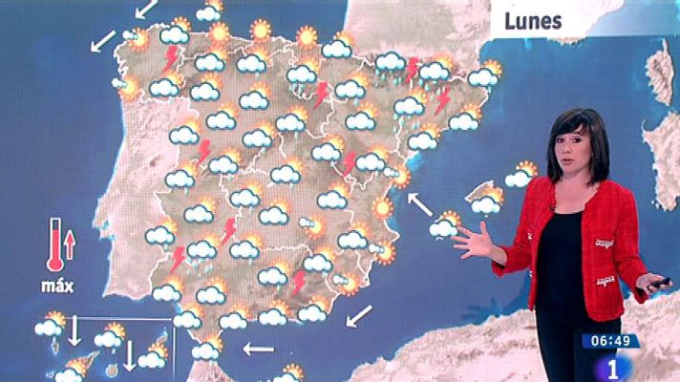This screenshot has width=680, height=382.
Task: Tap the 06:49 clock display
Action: click(611, 341)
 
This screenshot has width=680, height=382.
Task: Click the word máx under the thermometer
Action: click(58, 285)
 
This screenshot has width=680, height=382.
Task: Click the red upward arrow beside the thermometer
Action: click(70, 250)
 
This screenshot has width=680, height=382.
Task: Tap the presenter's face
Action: click(576, 156)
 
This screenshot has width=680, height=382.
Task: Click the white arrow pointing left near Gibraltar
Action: click(258, 349)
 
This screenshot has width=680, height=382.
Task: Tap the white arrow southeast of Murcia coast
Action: click(359, 314)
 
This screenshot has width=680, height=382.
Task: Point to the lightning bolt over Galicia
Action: click(172, 58)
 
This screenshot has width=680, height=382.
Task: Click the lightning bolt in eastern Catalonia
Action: click(443, 99)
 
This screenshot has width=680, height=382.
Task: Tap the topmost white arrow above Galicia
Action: click(146, 10)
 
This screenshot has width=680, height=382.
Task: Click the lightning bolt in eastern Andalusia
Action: click(299, 281)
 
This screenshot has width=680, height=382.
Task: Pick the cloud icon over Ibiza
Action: click(442, 227)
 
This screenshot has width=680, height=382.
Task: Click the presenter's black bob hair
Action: click(577, 134)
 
